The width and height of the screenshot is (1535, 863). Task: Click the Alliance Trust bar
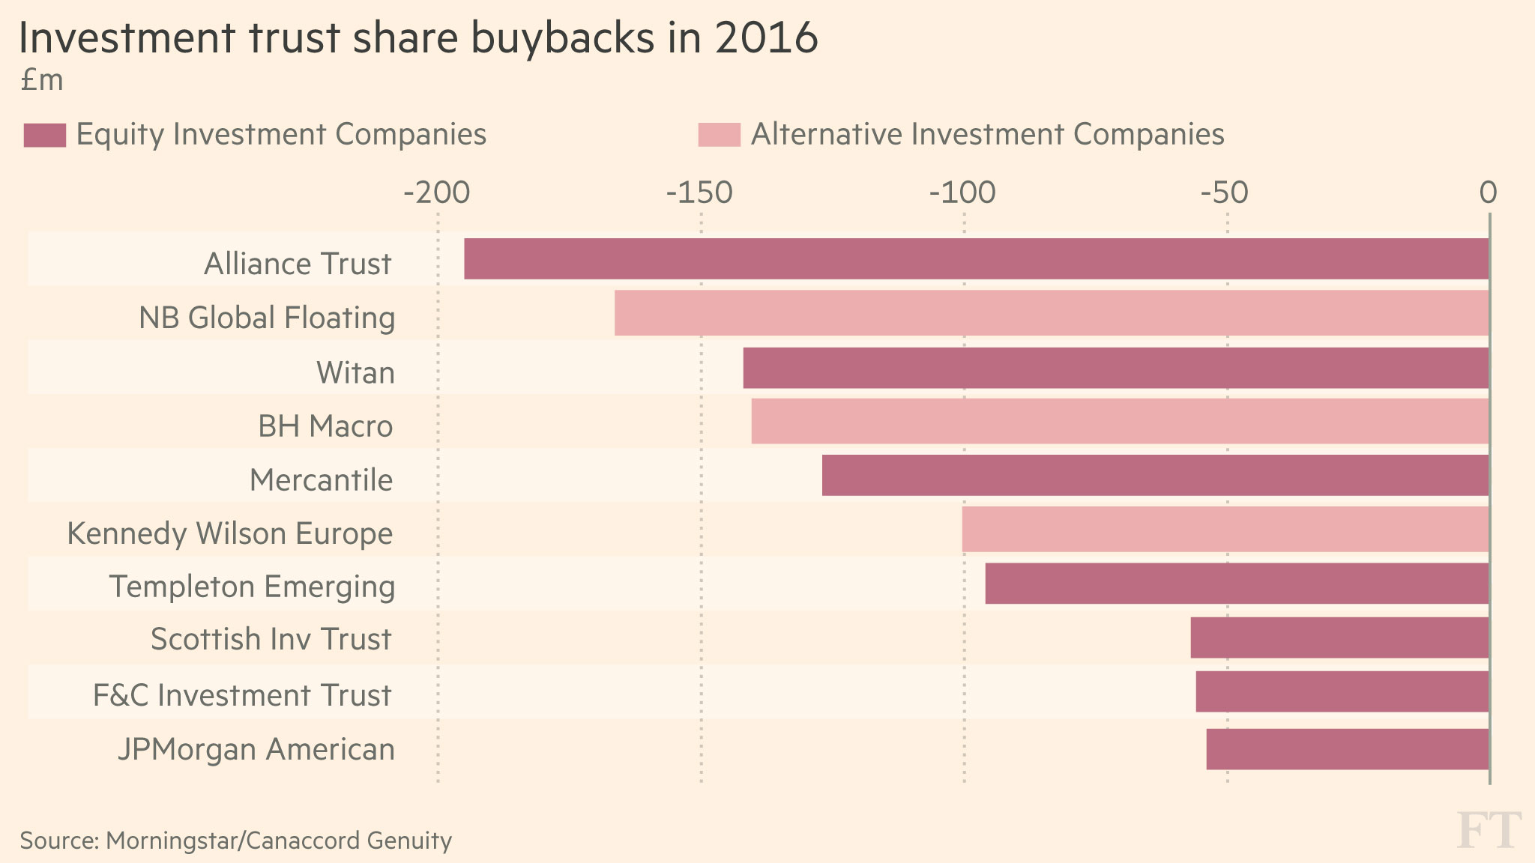coord(976,259)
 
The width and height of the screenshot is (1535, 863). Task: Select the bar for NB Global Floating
coord(1051,313)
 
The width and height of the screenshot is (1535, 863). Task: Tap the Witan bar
coord(1115,368)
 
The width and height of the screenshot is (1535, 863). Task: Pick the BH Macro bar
coord(1120,421)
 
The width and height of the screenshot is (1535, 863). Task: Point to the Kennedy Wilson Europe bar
coord(1225,530)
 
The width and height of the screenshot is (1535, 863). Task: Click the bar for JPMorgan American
coord(1347,749)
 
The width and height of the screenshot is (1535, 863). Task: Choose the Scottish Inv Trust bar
coord(1339,638)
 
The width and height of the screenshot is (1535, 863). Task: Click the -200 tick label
coord(437,193)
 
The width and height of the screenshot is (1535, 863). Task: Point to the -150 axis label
coord(699,193)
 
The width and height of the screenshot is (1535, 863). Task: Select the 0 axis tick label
coord(1488,193)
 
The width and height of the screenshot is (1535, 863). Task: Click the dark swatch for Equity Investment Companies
coord(45,135)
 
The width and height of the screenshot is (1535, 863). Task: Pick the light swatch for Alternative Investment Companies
coord(719,135)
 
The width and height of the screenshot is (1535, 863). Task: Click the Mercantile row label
coord(321,480)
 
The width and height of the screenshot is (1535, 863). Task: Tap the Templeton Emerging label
coord(252,587)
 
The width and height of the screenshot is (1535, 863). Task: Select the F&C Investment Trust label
coord(242,695)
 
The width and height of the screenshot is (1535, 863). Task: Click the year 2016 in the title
coord(766,39)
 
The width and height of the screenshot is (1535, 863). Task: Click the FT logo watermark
coord(1489,831)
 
